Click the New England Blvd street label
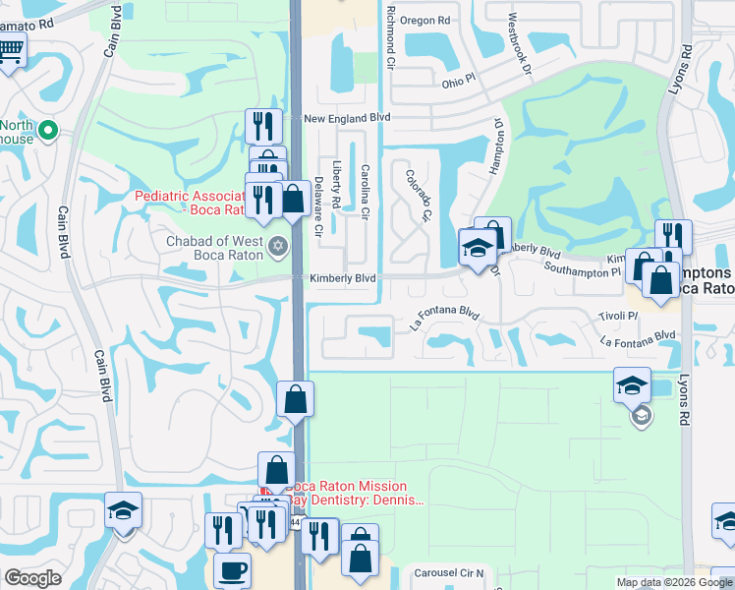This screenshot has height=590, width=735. tap(347, 118)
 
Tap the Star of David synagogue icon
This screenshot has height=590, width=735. tap(277, 245)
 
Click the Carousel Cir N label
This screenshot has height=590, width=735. tap(450, 572)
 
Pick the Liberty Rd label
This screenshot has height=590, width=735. tap(337, 184)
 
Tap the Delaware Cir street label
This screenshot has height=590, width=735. tap(318, 206)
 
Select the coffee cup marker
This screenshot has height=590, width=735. tap(232, 569)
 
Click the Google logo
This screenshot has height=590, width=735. tap(32, 578)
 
